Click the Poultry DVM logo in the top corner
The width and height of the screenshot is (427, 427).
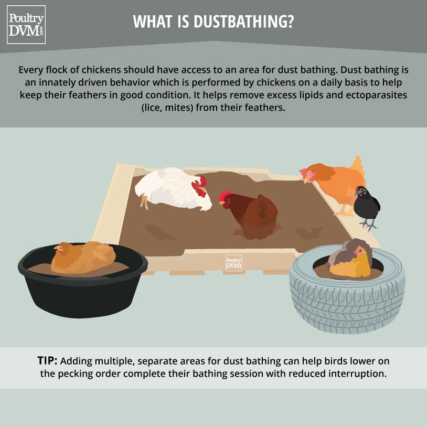[x=26, y=24]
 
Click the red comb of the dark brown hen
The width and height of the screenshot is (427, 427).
[x=225, y=196]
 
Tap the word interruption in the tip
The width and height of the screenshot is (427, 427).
[x=359, y=374]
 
